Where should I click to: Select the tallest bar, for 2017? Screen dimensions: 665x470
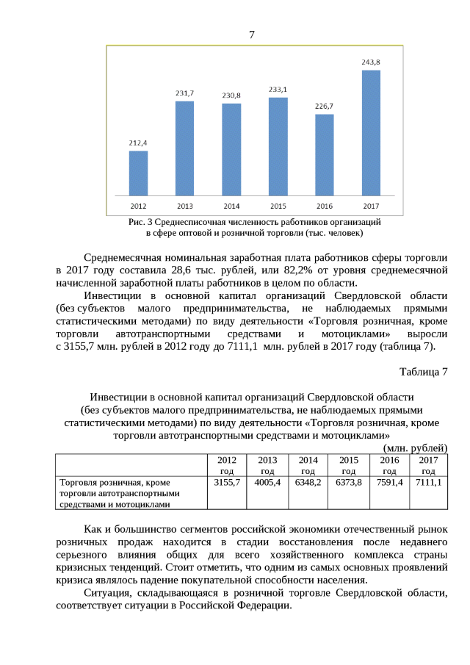(371, 132)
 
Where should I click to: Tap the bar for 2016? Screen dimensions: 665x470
(324, 154)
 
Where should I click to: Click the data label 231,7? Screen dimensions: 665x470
(184, 93)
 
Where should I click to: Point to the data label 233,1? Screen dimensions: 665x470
(278, 90)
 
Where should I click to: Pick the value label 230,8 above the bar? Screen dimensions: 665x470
(231, 96)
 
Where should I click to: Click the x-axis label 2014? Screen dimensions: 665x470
(231, 205)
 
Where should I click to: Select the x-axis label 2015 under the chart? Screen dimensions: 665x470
(278, 205)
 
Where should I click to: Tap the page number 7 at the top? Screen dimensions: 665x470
(252, 35)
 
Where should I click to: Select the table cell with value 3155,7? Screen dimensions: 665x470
(227, 483)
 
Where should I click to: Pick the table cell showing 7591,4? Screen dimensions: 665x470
(389, 483)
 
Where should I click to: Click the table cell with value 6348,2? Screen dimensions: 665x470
(308, 483)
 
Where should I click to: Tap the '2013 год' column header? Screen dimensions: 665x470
(267, 465)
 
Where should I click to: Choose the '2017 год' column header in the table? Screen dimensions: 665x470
(428, 465)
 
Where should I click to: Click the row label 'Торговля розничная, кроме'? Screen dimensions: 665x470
(114, 483)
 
